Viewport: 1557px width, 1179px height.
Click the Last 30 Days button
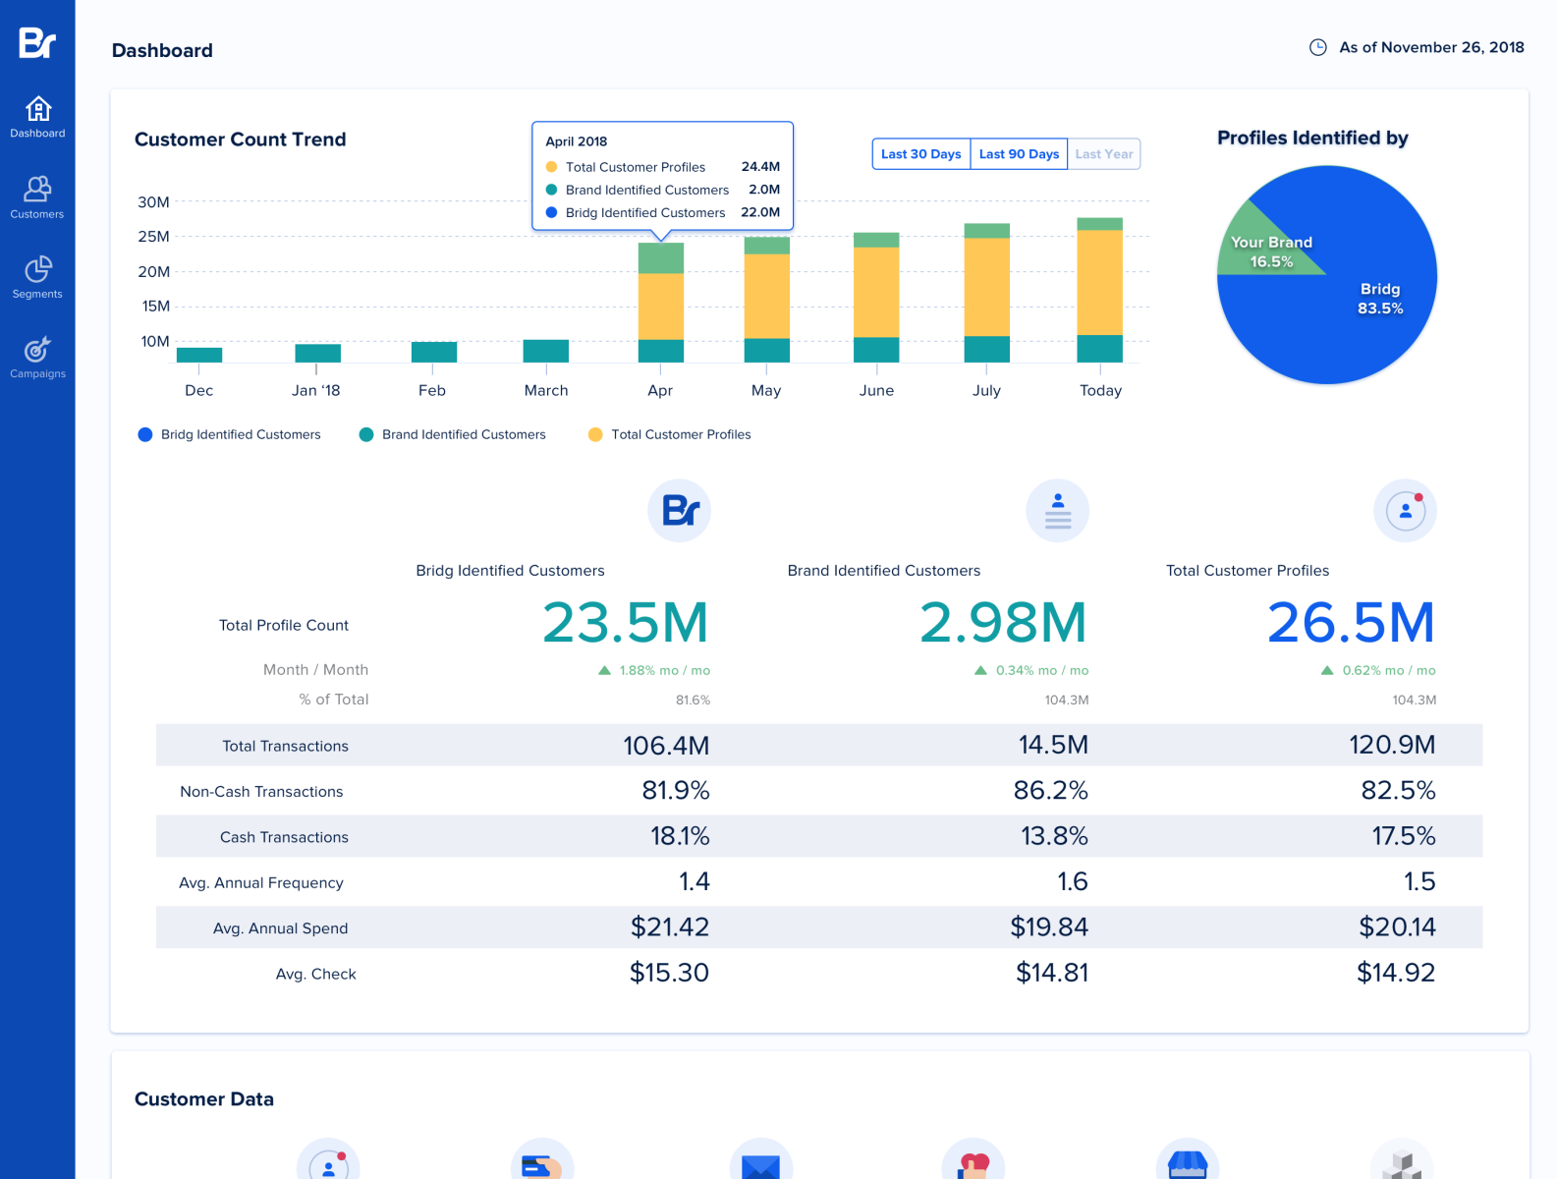point(920,154)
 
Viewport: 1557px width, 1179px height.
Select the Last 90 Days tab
point(1019,154)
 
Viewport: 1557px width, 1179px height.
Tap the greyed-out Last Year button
point(1104,154)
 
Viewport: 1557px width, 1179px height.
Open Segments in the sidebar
point(37,277)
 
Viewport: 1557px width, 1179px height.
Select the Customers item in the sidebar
point(37,196)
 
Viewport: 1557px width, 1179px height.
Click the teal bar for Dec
point(199,355)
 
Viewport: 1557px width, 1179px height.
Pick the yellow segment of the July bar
point(986,287)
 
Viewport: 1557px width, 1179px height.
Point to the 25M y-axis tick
point(153,237)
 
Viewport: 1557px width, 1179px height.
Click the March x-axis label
point(546,390)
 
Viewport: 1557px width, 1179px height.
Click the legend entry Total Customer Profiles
point(680,434)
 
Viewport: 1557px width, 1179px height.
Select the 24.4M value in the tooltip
point(760,167)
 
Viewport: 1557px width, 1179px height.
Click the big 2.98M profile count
point(1002,623)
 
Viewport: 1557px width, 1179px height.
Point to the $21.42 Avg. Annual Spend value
point(669,926)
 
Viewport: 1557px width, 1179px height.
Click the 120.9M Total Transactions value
point(1391,745)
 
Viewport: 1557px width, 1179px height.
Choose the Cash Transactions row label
point(284,837)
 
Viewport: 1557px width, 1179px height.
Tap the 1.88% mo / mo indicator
point(655,670)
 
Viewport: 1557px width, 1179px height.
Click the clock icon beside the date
point(1318,47)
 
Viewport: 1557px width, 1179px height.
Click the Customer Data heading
point(204,1099)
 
